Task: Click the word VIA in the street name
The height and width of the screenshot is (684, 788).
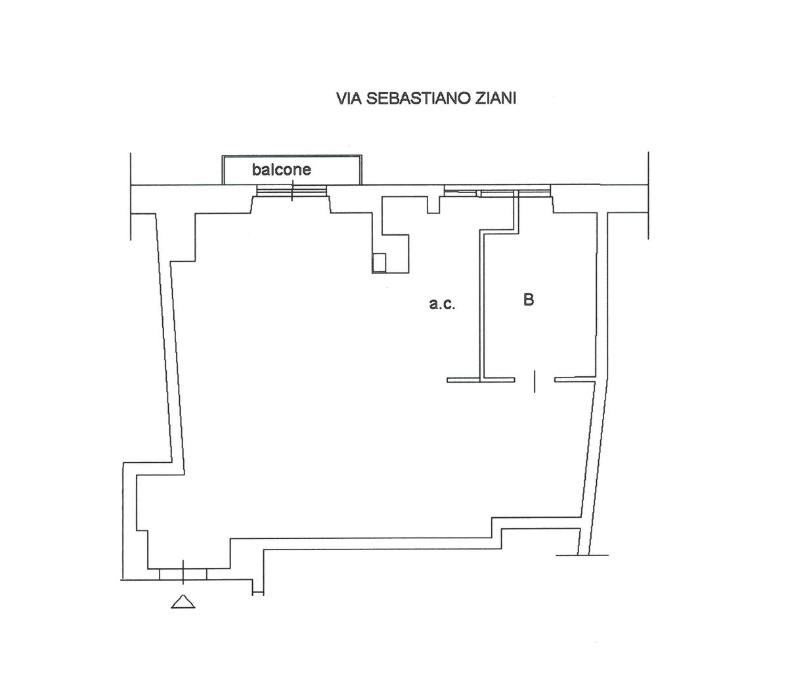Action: pyautogui.click(x=347, y=98)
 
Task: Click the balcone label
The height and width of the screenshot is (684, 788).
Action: pyautogui.click(x=282, y=170)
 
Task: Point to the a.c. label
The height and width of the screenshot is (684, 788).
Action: pyautogui.click(x=442, y=304)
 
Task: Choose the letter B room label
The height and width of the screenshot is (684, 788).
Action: pyautogui.click(x=529, y=300)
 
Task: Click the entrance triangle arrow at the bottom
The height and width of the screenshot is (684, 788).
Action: pyautogui.click(x=183, y=601)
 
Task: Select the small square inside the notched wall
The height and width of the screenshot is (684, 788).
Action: pyautogui.click(x=379, y=263)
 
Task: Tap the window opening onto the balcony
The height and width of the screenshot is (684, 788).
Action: pyautogui.click(x=292, y=190)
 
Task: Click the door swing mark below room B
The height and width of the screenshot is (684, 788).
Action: pyautogui.click(x=535, y=381)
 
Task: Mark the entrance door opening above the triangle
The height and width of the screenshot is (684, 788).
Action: pyautogui.click(x=183, y=574)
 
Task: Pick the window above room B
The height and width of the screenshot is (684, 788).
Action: pyautogui.click(x=497, y=191)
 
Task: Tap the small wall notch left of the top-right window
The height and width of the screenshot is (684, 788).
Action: pyautogui.click(x=433, y=205)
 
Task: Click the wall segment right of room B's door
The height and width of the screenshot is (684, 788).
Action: pyautogui.click(x=575, y=379)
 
